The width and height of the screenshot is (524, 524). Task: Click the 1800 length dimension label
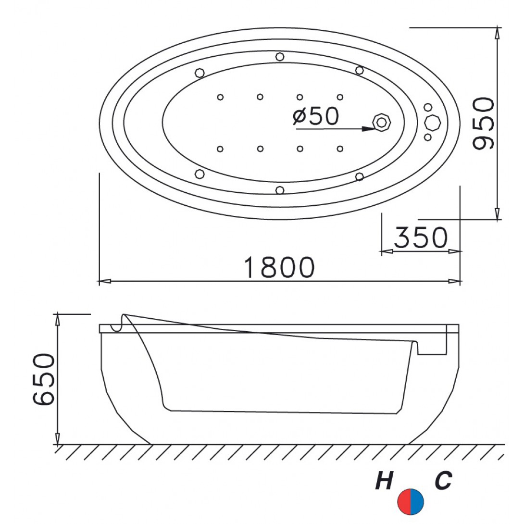(279, 268)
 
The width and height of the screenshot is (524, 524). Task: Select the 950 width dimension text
(483, 123)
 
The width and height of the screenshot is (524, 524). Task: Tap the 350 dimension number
(421, 237)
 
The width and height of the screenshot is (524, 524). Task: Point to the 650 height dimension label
(43, 380)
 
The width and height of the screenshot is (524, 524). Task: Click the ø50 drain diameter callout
(316, 116)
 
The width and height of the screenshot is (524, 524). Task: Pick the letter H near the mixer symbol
(384, 481)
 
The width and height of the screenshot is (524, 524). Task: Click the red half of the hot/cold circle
(404, 502)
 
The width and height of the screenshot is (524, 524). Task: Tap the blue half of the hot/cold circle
(417, 502)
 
